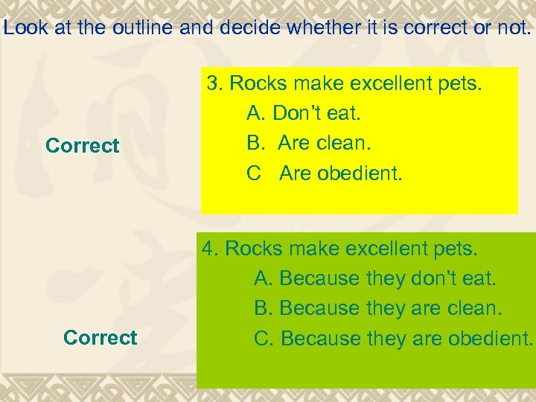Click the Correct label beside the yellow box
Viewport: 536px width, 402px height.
(82, 146)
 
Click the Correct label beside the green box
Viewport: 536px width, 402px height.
(100, 338)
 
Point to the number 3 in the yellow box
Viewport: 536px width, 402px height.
(212, 83)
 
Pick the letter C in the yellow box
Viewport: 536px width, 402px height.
(254, 173)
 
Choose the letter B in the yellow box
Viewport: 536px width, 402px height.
(254, 143)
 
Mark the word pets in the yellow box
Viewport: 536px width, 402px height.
(462, 83)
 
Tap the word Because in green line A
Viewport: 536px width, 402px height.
(321, 278)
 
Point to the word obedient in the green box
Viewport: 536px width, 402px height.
(491, 338)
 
